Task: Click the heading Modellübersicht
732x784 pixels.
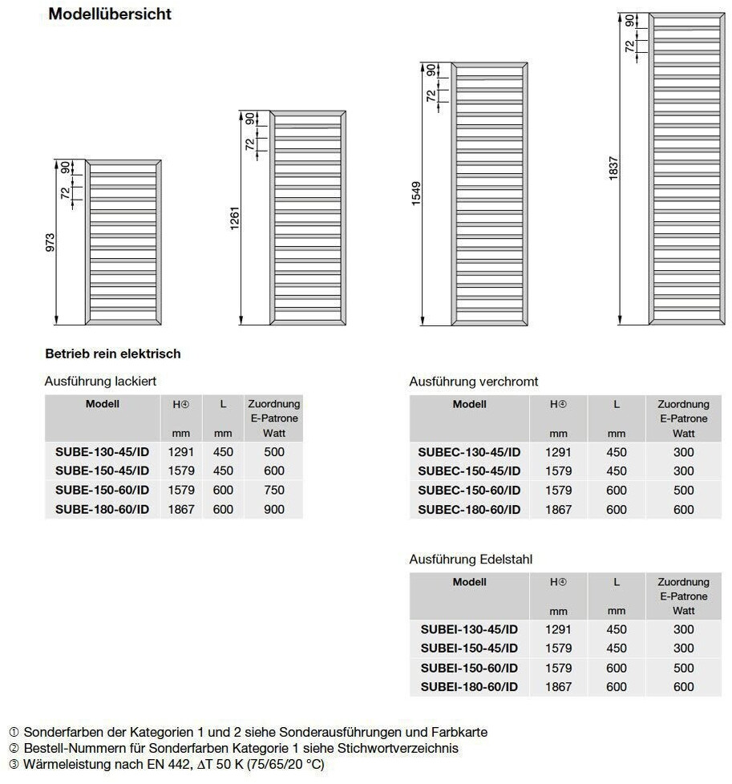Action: coord(110,14)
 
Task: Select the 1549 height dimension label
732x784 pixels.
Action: coord(416,193)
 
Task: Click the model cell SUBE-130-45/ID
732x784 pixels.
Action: coord(102,451)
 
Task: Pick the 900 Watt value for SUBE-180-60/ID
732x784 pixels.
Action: coord(274,509)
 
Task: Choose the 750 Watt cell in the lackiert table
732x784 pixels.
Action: coord(274,490)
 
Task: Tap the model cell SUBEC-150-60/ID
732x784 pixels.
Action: coord(469,491)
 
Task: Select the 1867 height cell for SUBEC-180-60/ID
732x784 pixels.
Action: coord(559,510)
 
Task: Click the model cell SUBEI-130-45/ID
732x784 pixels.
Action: coord(469,629)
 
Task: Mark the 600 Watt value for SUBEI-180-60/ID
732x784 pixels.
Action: coord(683,687)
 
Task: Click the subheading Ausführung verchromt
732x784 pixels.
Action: coord(473,382)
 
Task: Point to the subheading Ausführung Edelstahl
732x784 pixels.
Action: coord(471,560)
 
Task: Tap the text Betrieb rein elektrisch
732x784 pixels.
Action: coord(113,354)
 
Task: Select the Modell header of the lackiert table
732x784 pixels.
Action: coord(102,404)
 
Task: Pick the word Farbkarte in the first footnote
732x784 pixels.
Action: coord(459,732)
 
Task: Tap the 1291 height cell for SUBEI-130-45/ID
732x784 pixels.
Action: coord(559,629)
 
